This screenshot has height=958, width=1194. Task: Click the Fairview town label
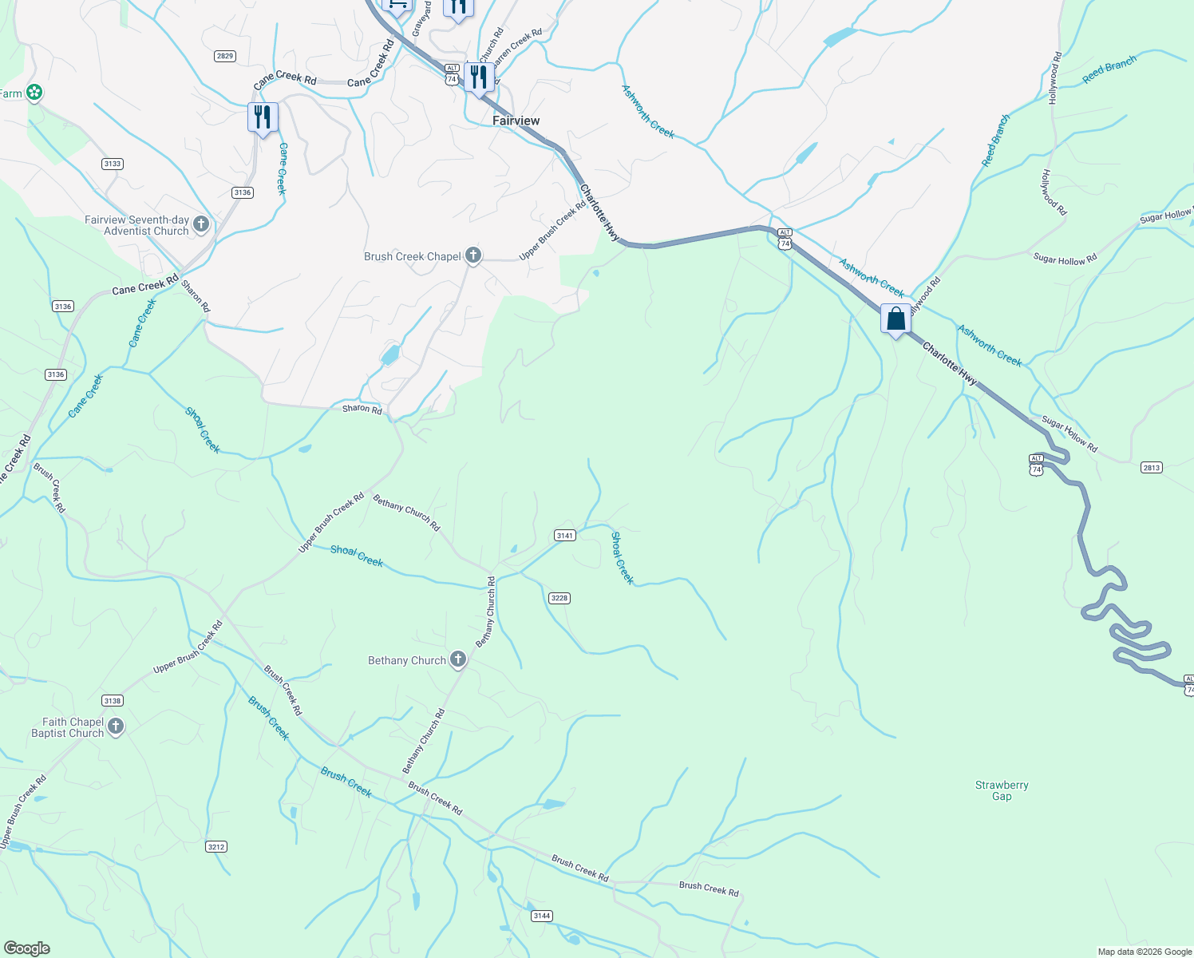pyautogui.click(x=516, y=121)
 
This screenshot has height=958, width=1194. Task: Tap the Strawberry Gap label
pyautogui.click(x=1002, y=790)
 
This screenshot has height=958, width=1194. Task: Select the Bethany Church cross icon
pyautogui.click(x=458, y=659)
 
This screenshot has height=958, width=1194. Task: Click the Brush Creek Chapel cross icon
pyautogui.click(x=473, y=255)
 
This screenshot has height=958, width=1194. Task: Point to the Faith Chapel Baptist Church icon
pyautogui.click(x=116, y=726)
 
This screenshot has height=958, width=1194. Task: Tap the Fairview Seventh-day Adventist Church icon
pyautogui.click(x=201, y=224)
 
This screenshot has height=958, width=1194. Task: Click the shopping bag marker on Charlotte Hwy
pyautogui.click(x=895, y=319)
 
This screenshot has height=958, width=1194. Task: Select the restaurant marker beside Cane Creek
pyautogui.click(x=263, y=117)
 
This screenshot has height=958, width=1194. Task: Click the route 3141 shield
pyautogui.click(x=565, y=536)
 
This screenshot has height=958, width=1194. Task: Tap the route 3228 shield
pyautogui.click(x=559, y=598)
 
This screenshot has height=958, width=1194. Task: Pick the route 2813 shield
pyautogui.click(x=1151, y=468)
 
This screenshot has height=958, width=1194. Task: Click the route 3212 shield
pyautogui.click(x=215, y=846)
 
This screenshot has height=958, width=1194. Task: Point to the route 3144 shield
pyautogui.click(x=542, y=916)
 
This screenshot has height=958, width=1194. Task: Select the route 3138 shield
pyautogui.click(x=113, y=701)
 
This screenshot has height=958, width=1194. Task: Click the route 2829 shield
pyautogui.click(x=225, y=56)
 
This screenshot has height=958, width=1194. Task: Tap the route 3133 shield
pyautogui.click(x=113, y=164)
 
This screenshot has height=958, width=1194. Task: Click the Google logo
pyautogui.click(x=27, y=948)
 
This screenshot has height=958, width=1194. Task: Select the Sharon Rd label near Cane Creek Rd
pyautogui.click(x=196, y=295)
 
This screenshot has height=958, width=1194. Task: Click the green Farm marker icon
pyautogui.click(x=34, y=93)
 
